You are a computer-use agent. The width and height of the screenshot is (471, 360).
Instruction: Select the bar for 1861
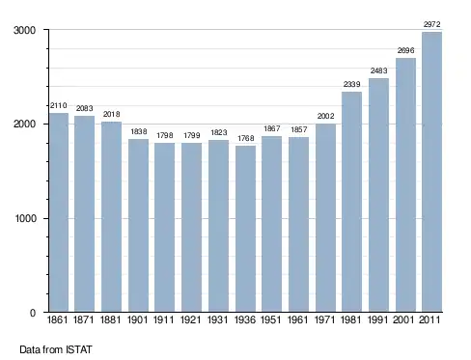pos(59,212)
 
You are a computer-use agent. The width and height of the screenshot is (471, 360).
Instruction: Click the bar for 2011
pos(431,172)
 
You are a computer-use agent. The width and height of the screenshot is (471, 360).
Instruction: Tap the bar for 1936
pos(245,229)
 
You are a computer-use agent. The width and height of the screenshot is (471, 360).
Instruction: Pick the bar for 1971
pos(325,218)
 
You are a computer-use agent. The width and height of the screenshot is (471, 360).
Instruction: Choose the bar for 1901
pos(138,225)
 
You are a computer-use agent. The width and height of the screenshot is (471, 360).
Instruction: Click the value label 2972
pos(431,24)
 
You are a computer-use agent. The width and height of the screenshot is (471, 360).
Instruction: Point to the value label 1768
pos(246,138)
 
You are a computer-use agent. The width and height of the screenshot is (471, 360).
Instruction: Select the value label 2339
pos(351,84)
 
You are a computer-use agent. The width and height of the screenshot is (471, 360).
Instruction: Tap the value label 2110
pos(59,105)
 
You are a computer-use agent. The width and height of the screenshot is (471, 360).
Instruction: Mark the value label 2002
pos(325,116)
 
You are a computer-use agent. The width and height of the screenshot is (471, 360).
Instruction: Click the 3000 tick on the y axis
pos(24,30)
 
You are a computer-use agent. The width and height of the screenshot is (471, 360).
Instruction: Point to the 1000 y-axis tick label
pos(25,218)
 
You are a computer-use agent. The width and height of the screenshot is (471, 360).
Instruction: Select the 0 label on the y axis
pos(33,313)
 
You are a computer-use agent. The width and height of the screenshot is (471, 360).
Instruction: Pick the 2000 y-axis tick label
pos(24,125)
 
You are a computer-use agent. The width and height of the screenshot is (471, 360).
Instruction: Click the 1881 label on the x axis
pos(110,319)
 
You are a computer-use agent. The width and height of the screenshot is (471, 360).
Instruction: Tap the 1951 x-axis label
pos(270,319)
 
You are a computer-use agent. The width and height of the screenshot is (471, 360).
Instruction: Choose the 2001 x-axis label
pos(403,319)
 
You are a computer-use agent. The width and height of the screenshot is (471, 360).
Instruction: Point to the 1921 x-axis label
pos(190,319)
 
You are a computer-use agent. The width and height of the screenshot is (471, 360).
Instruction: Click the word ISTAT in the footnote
pos(79,349)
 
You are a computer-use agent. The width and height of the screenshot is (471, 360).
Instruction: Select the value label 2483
pos(378,70)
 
